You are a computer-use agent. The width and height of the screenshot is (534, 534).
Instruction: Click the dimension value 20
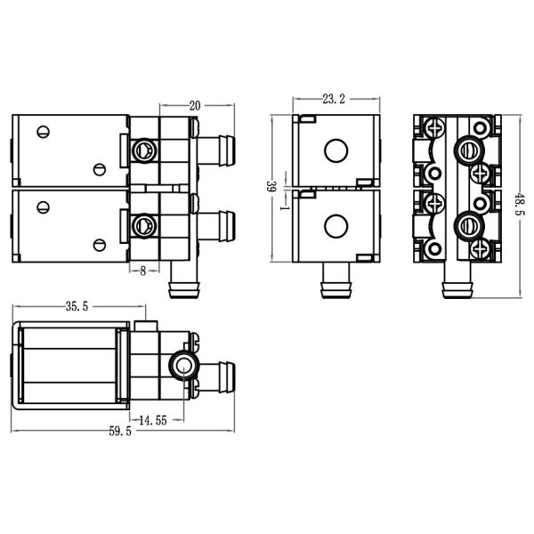coord(195,105)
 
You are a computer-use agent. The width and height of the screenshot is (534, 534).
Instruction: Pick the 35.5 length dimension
coord(77,307)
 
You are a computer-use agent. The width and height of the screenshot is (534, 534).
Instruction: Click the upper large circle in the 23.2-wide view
coord(336,150)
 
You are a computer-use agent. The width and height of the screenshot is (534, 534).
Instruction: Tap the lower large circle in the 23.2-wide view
coord(336,226)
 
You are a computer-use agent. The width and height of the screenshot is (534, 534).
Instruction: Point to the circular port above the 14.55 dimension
coord(182,365)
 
